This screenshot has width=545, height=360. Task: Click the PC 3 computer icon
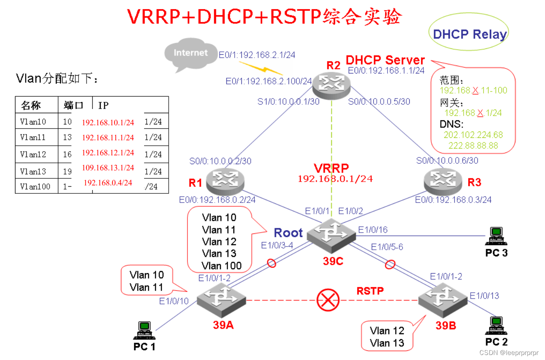(x=496, y=236)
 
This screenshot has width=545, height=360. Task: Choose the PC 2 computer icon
(x=496, y=326)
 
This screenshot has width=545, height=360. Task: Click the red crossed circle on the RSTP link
(x=328, y=300)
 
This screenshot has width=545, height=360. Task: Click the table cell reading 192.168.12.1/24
(x=108, y=153)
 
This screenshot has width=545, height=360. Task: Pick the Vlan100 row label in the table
(x=35, y=187)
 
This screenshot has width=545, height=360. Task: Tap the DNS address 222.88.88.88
(x=473, y=146)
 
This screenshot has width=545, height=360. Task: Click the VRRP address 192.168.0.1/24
(x=335, y=179)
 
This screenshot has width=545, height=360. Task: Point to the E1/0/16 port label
(x=373, y=229)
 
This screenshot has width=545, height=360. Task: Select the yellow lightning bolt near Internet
(x=256, y=67)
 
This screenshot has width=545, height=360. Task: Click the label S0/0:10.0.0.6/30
(x=447, y=160)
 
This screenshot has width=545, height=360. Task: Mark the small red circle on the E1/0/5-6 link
(x=390, y=264)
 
